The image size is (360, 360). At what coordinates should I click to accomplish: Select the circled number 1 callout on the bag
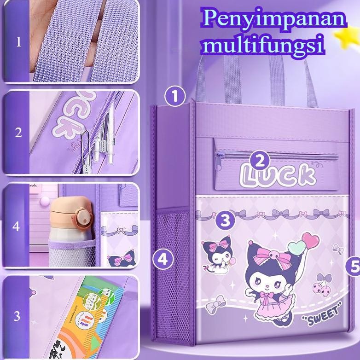[174, 97]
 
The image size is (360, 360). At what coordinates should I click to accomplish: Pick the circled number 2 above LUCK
[260, 161]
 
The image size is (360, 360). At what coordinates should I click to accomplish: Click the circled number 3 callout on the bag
[225, 220]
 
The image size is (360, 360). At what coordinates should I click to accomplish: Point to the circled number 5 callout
[354, 266]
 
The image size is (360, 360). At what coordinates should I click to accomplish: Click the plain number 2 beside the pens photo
[18, 133]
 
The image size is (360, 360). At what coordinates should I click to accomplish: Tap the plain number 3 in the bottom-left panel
[17, 316]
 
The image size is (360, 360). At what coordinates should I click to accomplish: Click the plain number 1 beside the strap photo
[18, 42]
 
